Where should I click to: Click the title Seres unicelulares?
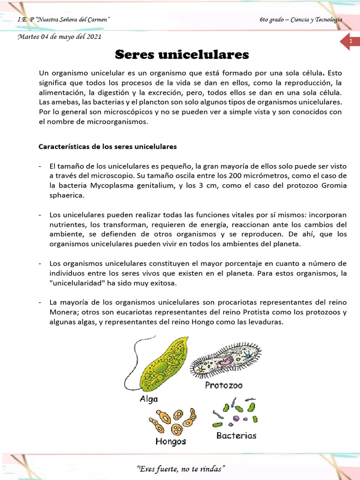pyautogui.click(x=182, y=55)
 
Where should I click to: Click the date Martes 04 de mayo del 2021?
pyautogui.click(x=59, y=37)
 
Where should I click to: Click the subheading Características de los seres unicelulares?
pyautogui.click(x=107, y=146)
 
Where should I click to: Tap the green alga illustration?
pyautogui.click(x=158, y=365)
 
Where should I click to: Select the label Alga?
pyautogui.click(x=149, y=399)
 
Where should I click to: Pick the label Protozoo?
pyautogui.click(x=224, y=385)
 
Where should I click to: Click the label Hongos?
pyautogui.click(x=171, y=442)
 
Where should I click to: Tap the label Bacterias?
pyautogui.click(x=236, y=435)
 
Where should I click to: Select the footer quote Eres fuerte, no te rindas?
pyautogui.click(x=180, y=469)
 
